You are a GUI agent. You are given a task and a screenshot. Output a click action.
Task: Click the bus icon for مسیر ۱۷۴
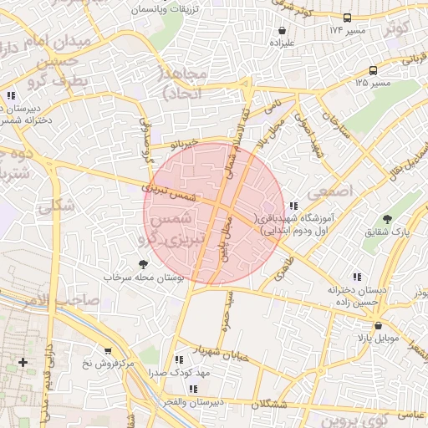pyautogui.click(x=348, y=18)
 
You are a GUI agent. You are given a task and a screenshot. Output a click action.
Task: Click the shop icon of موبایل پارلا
pyautogui.click(x=378, y=326)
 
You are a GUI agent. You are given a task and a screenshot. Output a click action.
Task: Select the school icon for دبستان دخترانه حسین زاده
pyautogui.click(x=357, y=276)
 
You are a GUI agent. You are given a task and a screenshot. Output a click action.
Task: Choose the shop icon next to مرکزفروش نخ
pyautogui.click(x=107, y=351)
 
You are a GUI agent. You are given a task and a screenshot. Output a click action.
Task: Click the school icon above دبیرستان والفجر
pyautogui.click(x=193, y=389)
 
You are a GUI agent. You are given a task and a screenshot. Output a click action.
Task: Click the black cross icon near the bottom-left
pyautogui.click(x=23, y=362)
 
